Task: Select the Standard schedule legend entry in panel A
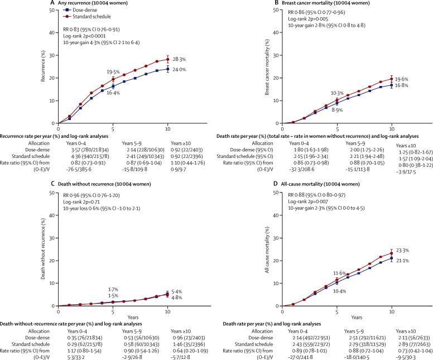pos(89,16)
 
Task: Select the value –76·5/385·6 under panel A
pos(71,163)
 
